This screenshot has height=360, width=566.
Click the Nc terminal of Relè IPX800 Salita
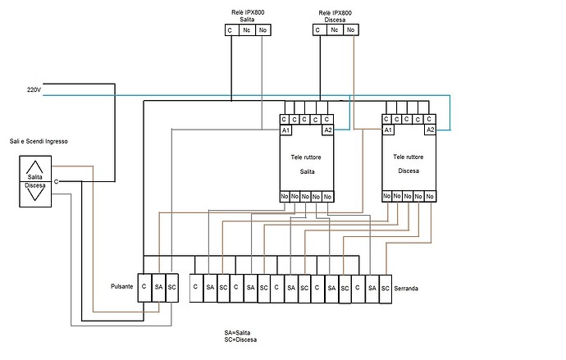click(247, 30)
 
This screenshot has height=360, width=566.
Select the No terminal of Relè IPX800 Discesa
click(350, 30)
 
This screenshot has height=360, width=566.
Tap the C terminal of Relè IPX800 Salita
click(232, 30)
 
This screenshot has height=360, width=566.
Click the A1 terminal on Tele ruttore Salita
click(285, 130)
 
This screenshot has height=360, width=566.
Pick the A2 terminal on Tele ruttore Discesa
click(430, 130)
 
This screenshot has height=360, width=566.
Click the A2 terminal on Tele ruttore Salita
click(328, 130)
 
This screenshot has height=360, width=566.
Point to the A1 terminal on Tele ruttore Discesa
click(388, 130)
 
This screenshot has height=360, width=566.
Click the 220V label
click(34, 89)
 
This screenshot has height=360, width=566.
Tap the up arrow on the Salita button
click(34, 167)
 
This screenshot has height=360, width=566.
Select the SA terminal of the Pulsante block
click(158, 288)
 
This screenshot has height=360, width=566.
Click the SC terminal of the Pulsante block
click(171, 288)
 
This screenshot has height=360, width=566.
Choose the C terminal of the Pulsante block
click(144, 288)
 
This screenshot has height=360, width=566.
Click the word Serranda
click(406, 289)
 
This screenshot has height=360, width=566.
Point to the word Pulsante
click(122, 286)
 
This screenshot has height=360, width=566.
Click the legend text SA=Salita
click(237, 333)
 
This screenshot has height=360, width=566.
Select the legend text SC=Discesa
click(240, 339)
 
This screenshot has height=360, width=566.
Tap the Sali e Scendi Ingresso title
click(39, 141)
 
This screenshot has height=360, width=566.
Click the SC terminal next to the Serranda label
click(386, 289)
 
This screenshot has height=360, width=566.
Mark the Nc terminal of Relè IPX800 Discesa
click(335, 30)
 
